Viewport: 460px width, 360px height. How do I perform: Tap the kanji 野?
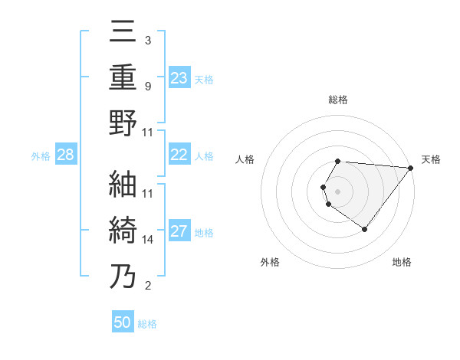pos(123,123)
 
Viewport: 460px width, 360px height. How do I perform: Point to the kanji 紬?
pos(123,184)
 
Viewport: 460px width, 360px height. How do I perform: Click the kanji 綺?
pos(123,230)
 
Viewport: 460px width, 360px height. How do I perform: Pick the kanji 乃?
pos(123,276)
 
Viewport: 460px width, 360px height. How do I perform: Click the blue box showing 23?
pos(179,77)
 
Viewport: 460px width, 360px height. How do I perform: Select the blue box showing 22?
pos(179,155)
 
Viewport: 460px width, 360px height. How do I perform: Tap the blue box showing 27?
pos(179,232)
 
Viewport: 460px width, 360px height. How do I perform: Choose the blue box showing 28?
pos(66,155)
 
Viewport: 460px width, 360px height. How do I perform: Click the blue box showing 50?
pos(123,322)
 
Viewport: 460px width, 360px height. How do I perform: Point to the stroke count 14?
pos(148,240)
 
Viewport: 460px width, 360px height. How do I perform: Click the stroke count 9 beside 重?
pos(148,86)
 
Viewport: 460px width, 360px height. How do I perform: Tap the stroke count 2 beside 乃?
pos(148,286)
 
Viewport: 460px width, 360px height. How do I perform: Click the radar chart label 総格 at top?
pos(338,100)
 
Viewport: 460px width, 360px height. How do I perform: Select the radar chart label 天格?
pos(432,159)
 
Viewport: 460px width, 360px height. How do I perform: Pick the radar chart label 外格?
pos(270,262)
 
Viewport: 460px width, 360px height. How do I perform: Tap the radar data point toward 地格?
pos(364,229)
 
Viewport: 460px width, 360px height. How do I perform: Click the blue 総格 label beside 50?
pos(147,324)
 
